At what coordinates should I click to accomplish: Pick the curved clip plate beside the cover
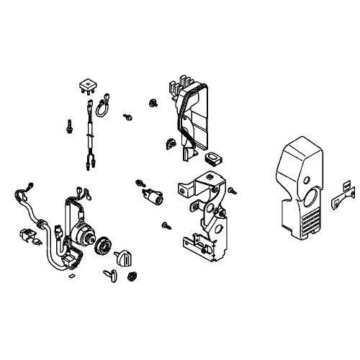tap(338, 203)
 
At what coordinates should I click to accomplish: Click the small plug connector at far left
tap(24, 235)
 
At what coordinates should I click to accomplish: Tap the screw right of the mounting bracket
tap(234, 192)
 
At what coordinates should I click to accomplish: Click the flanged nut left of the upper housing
tap(154, 104)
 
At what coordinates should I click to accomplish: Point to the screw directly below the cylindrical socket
tap(166, 225)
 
